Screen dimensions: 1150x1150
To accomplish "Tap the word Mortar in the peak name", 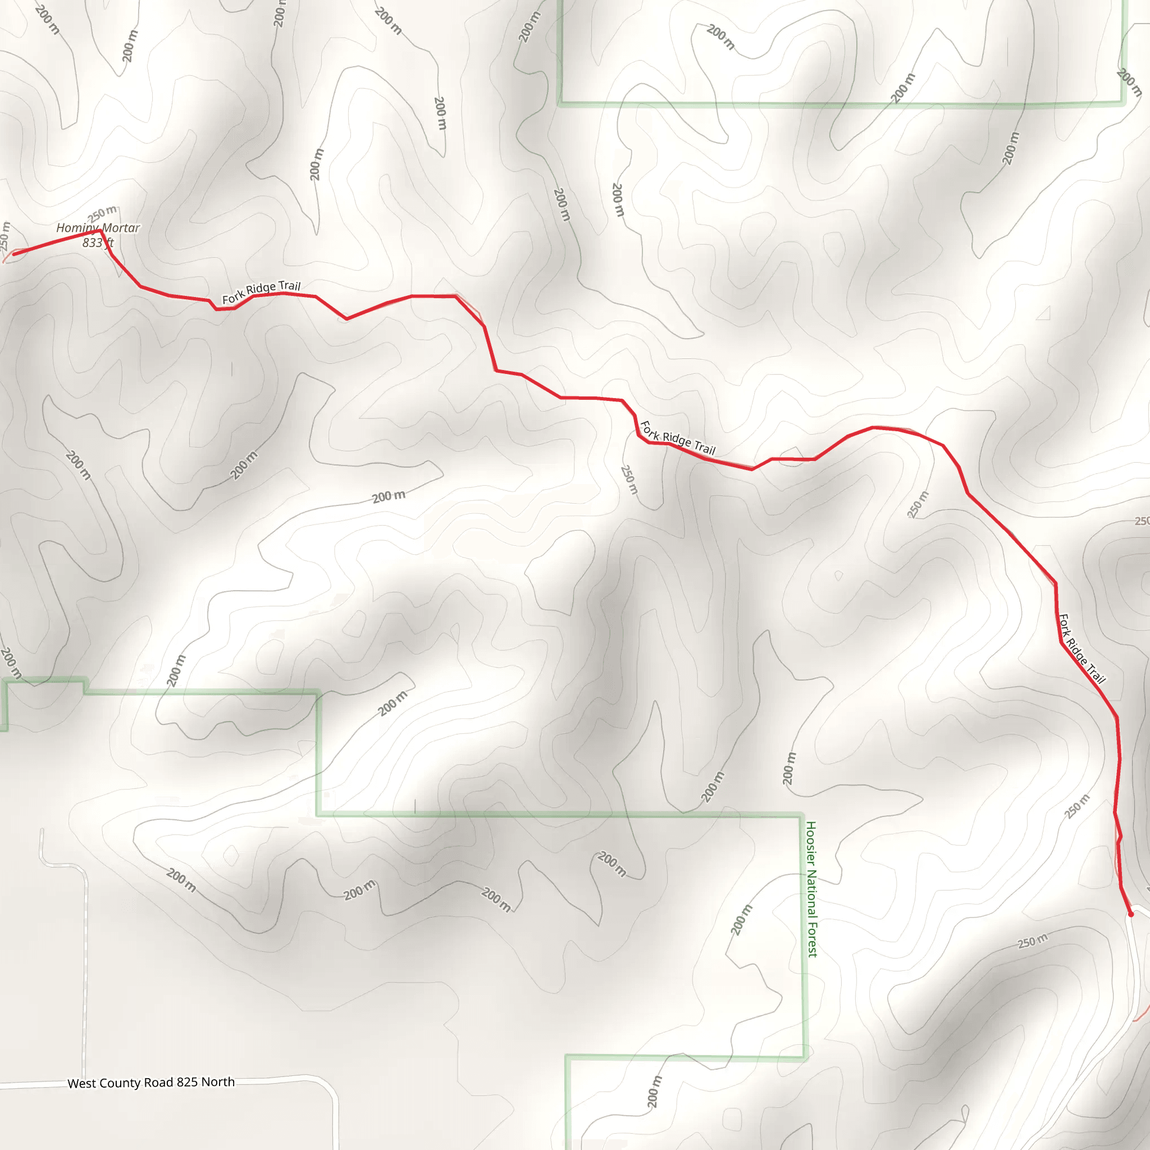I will pyautogui.click(x=121, y=228).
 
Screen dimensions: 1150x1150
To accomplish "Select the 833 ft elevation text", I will pyautogui.click(x=98, y=243).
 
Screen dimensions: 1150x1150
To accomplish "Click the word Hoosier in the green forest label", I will pyautogui.click(x=811, y=843).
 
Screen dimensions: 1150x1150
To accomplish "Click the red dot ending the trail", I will pyautogui.click(x=1130, y=914).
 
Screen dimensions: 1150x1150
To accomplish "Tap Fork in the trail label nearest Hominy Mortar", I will pyautogui.click(x=232, y=298).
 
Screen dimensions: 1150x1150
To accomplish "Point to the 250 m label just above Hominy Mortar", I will pyautogui.click(x=102, y=213).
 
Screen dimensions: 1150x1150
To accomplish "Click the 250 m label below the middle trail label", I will pyautogui.click(x=629, y=480).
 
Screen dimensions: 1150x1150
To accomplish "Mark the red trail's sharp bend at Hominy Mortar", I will pyautogui.click(x=100, y=231).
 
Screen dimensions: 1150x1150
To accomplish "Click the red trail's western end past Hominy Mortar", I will pyautogui.click(x=14, y=254).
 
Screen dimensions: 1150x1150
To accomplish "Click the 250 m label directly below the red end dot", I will pyautogui.click(x=1033, y=941).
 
